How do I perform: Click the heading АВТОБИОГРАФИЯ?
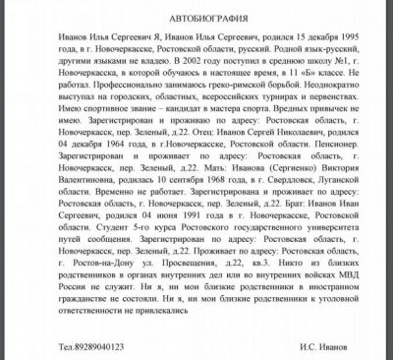tap(196, 18)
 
